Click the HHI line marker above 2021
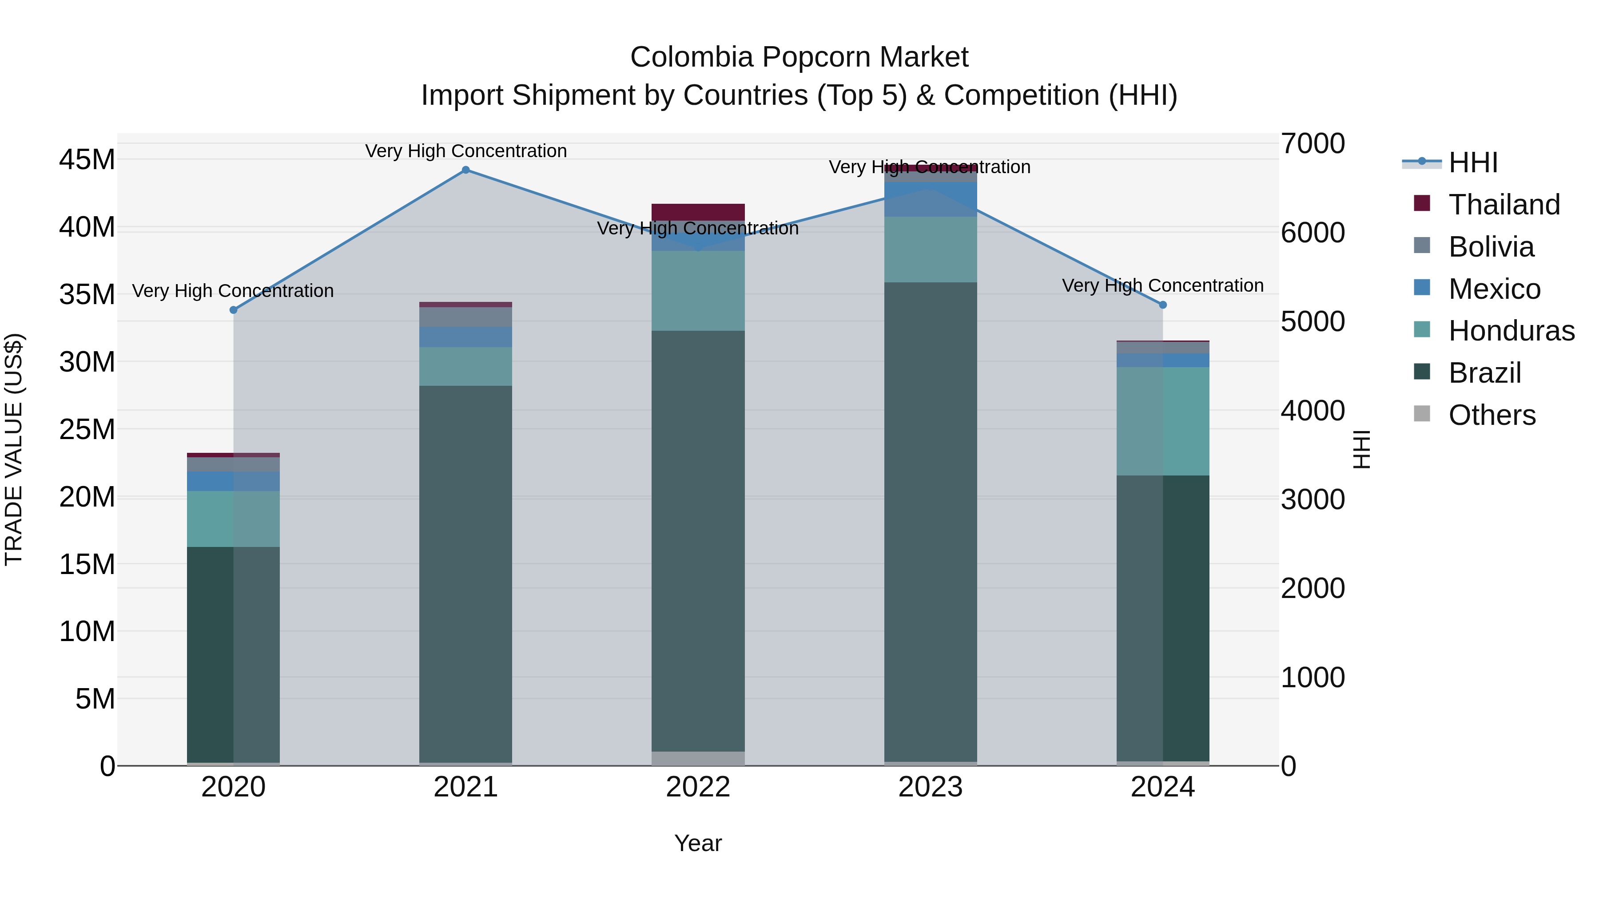click(x=465, y=170)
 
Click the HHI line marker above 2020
click(x=233, y=309)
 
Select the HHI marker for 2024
click(x=1163, y=305)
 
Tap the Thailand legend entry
click(x=1504, y=205)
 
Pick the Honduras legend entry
click(x=1511, y=331)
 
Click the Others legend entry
click(x=1492, y=415)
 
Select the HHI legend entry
click(x=1472, y=162)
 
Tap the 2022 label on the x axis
click(x=698, y=787)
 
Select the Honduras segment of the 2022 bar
click(x=698, y=290)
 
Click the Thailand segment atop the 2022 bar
click(x=698, y=212)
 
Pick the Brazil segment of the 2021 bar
click(x=465, y=574)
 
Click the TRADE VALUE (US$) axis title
click(x=14, y=449)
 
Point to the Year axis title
click(x=698, y=843)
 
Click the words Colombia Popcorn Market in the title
click(x=799, y=57)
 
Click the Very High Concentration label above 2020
click(x=233, y=290)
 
